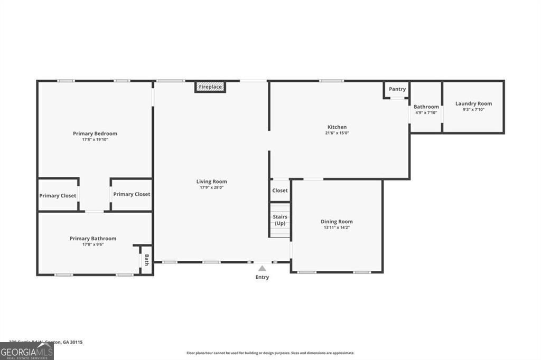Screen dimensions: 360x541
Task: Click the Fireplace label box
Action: click(210, 87)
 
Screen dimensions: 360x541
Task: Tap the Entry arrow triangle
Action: click(262, 269)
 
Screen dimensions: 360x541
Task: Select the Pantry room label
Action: click(397, 89)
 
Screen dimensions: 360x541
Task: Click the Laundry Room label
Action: click(473, 103)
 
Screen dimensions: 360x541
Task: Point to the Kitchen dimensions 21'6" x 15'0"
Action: click(337, 133)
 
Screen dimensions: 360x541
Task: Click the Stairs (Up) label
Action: click(279, 220)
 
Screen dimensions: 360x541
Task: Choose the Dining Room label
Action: click(337, 222)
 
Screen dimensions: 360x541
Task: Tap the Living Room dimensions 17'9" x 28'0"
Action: click(211, 187)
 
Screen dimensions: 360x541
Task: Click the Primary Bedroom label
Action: click(95, 134)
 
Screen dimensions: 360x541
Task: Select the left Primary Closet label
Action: click(58, 196)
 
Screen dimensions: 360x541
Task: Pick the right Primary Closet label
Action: click(132, 194)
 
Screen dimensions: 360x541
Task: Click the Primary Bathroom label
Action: click(93, 239)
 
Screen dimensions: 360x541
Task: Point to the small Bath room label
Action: click(146, 260)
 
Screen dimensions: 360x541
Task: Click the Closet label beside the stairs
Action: click(280, 191)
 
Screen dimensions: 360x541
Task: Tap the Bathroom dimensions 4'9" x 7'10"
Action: click(426, 112)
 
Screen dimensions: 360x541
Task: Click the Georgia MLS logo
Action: click(26, 351)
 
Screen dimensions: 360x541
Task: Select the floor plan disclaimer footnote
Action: click(270, 353)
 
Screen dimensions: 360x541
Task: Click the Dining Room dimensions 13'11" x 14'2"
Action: click(337, 228)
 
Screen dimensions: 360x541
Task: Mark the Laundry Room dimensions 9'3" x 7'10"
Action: click(473, 109)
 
